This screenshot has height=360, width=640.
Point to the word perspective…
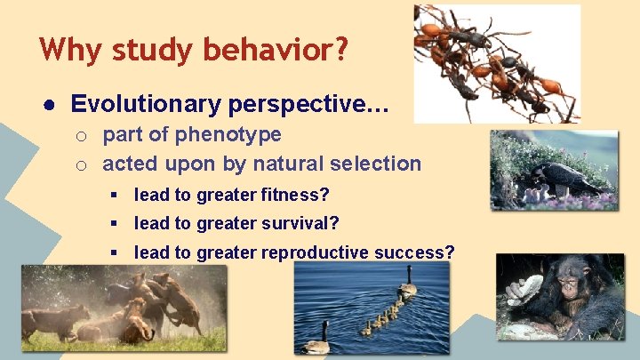(308, 105)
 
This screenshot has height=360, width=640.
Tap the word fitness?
(298, 195)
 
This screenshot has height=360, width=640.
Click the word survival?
(302, 223)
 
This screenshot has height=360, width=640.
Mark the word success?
(420, 252)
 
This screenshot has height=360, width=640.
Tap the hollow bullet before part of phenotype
(80, 136)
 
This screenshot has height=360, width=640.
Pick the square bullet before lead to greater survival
(115, 223)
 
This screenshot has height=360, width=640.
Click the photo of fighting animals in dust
(124, 308)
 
